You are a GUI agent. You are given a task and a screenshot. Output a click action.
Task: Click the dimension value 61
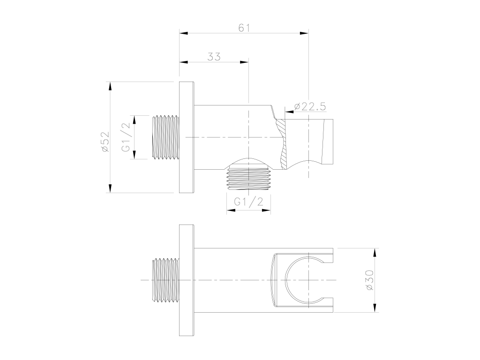tap(244, 28)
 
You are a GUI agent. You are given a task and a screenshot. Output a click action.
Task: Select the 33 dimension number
tap(214, 57)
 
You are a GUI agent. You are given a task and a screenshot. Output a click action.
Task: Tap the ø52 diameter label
tap(105, 142)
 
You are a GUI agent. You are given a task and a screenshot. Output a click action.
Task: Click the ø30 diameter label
tap(369, 280)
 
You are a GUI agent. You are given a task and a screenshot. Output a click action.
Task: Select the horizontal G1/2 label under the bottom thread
tap(248, 202)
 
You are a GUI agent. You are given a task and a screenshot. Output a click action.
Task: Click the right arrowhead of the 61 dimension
tap(304, 33)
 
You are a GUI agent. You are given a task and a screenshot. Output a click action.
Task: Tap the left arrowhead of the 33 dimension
tap(183, 62)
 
